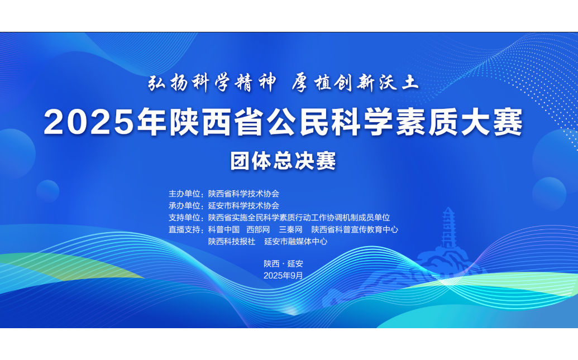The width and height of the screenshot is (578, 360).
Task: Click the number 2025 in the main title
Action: click(89, 122)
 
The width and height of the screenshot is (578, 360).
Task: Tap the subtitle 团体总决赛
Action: click(283, 161)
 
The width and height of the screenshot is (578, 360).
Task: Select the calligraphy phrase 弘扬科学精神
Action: click(212, 83)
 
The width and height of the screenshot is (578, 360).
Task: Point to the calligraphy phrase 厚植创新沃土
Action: click(355, 83)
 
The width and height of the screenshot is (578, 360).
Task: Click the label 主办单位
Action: click(184, 194)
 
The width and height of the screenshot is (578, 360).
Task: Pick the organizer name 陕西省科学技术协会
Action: click(243, 194)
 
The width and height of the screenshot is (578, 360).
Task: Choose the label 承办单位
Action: click(184, 205)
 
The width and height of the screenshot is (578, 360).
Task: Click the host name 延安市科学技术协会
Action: click(243, 205)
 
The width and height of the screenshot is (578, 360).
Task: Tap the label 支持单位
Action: click(184, 218)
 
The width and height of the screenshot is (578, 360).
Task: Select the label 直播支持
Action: click(184, 229)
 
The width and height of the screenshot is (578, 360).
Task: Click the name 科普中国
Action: click(224, 229)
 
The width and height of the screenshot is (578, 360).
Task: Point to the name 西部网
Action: click(258, 229)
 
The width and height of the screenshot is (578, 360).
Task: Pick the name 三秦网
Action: click(290, 229)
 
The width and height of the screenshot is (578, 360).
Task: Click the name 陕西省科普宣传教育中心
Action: click(355, 229)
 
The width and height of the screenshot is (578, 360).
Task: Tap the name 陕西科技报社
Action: click(232, 241)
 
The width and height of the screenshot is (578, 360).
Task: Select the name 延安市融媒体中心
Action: click(295, 241)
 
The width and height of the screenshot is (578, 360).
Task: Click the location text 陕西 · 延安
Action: click(283, 264)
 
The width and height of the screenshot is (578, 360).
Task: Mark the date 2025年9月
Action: click(283, 276)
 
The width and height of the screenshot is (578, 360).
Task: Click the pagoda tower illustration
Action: click(448, 228)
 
